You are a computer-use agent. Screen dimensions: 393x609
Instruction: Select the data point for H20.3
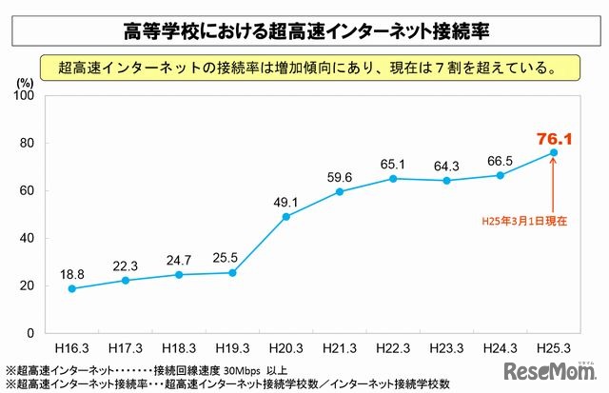pyautogui.click(x=285, y=217)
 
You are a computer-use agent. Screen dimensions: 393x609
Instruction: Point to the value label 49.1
pyautogui.click(x=285, y=201)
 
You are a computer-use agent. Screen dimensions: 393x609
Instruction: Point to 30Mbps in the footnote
pyautogui.click(x=232, y=370)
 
